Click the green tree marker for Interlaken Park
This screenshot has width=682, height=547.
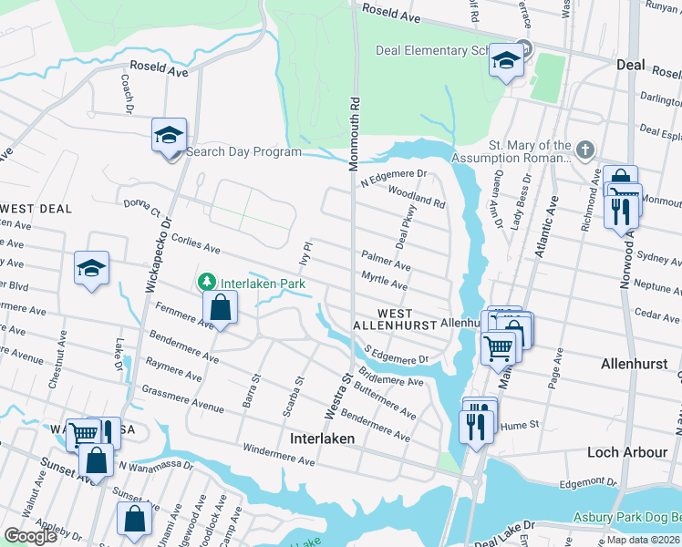[208, 281]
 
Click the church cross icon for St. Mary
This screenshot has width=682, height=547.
[585, 148]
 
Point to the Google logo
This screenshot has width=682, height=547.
[30, 536]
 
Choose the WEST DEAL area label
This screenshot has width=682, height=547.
[36, 209]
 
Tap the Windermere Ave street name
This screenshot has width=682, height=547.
[278, 455]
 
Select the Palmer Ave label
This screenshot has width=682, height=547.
[386, 263]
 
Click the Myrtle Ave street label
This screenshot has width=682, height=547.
[384, 279]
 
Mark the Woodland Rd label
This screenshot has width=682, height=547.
[416, 193]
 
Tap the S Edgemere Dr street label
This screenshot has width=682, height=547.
[396, 356]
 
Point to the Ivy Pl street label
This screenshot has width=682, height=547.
[308, 253]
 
